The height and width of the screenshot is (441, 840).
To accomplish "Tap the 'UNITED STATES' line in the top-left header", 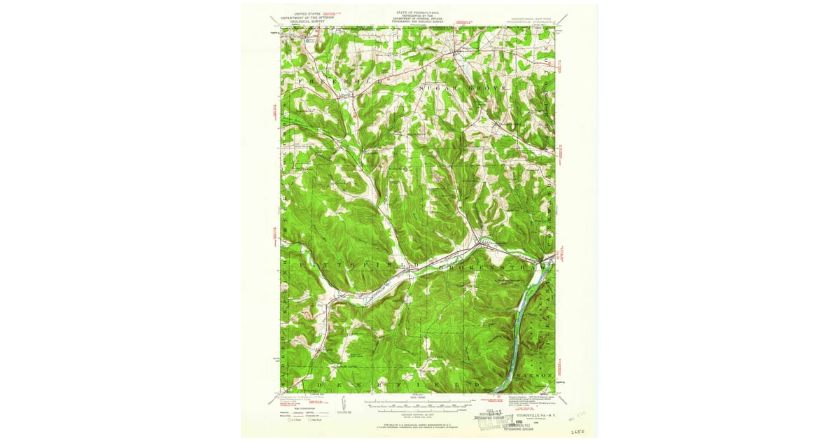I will (306, 13).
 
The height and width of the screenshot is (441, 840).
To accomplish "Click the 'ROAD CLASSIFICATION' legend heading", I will (293, 409).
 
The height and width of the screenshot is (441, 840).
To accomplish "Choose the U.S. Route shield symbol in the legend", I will (290, 422).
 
